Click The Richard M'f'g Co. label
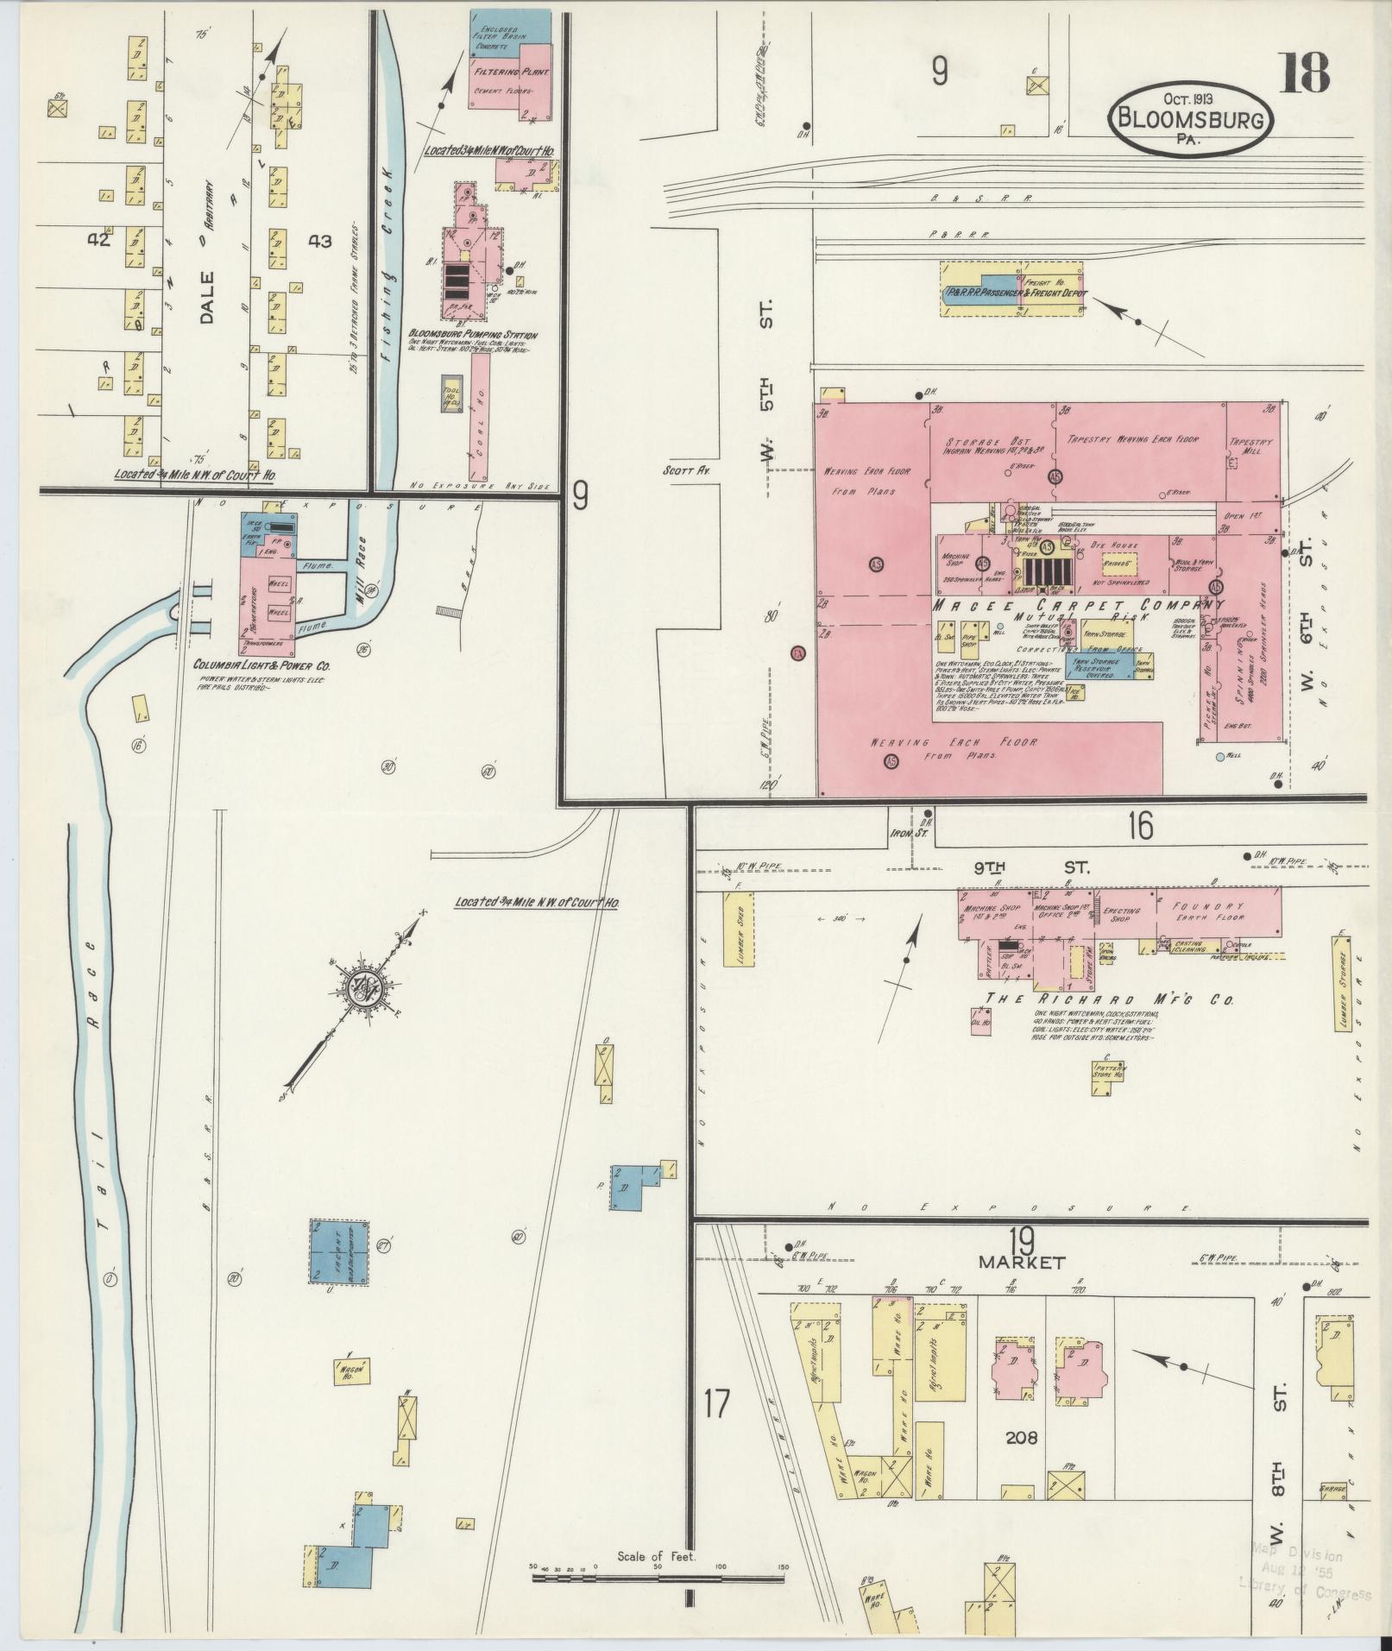click(1109, 999)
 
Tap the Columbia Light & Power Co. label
click(261, 665)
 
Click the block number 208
click(1021, 1437)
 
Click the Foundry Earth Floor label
click(1207, 911)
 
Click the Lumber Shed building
click(740, 939)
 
